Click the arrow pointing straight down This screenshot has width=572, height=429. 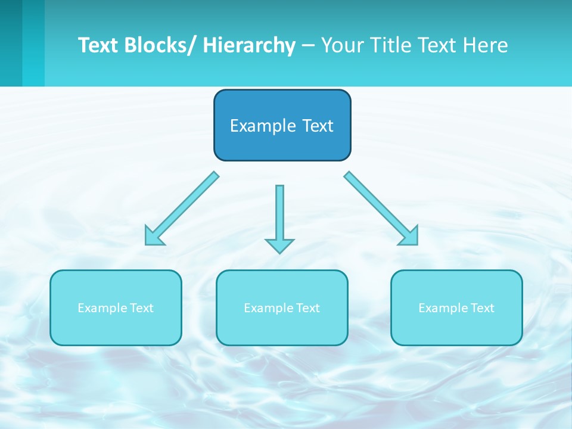[x=279, y=214]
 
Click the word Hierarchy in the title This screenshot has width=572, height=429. [x=249, y=45]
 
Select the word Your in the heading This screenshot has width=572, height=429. [x=340, y=45]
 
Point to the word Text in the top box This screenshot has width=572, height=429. [x=317, y=126]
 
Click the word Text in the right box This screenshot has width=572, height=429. [x=481, y=308]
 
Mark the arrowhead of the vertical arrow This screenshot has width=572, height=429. [x=279, y=245]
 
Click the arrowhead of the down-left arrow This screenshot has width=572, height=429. [x=154, y=237]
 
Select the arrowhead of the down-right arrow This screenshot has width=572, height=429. [x=409, y=237]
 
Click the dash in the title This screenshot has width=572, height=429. [x=308, y=45]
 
